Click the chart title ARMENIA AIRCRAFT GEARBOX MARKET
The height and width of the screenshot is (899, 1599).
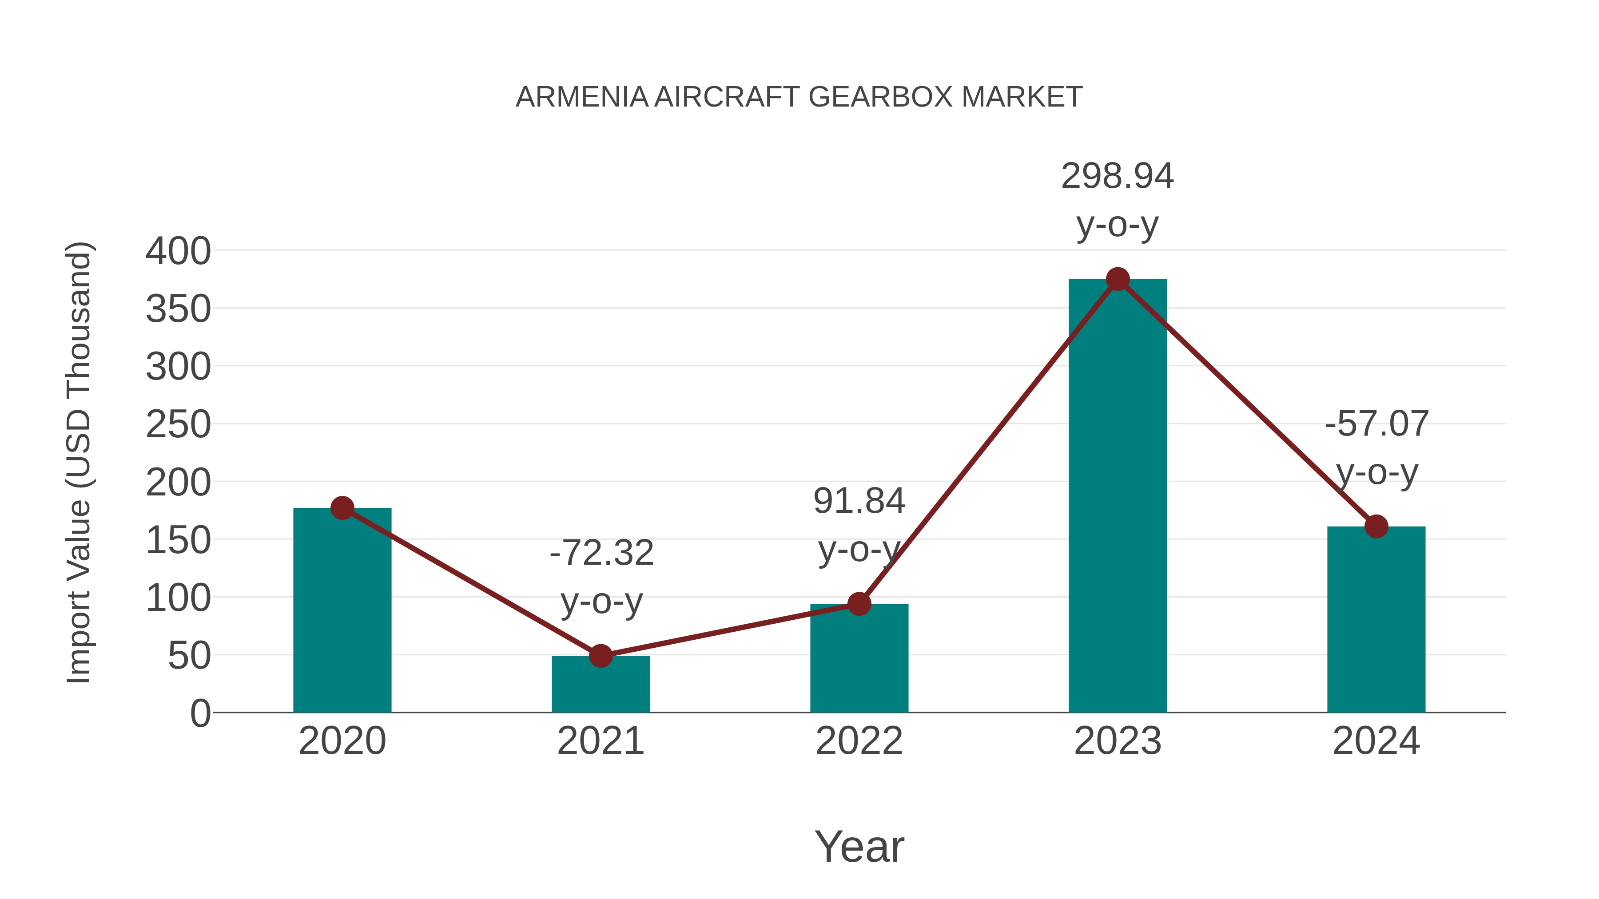pyautogui.click(x=799, y=97)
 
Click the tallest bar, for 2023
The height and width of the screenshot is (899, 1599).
pyautogui.click(x=1118, y=496)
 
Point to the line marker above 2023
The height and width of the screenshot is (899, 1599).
pyautogui.click(x=1118, y=280)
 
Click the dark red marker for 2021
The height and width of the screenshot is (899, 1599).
pyautogui.click(x=600, y=656)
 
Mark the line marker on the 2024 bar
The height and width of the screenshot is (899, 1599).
pyautogui.click(x=1376, y=527)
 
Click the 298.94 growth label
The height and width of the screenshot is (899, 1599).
pyautogui.click(x=1118, y=176)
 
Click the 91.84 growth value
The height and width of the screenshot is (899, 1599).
pyautogui.click(x=859, y=501)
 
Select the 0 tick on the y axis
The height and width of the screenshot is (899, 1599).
pyautogui.click(x=200, y=713)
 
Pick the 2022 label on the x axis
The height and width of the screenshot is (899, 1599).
pyautogui.click(x=859, y=741)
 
